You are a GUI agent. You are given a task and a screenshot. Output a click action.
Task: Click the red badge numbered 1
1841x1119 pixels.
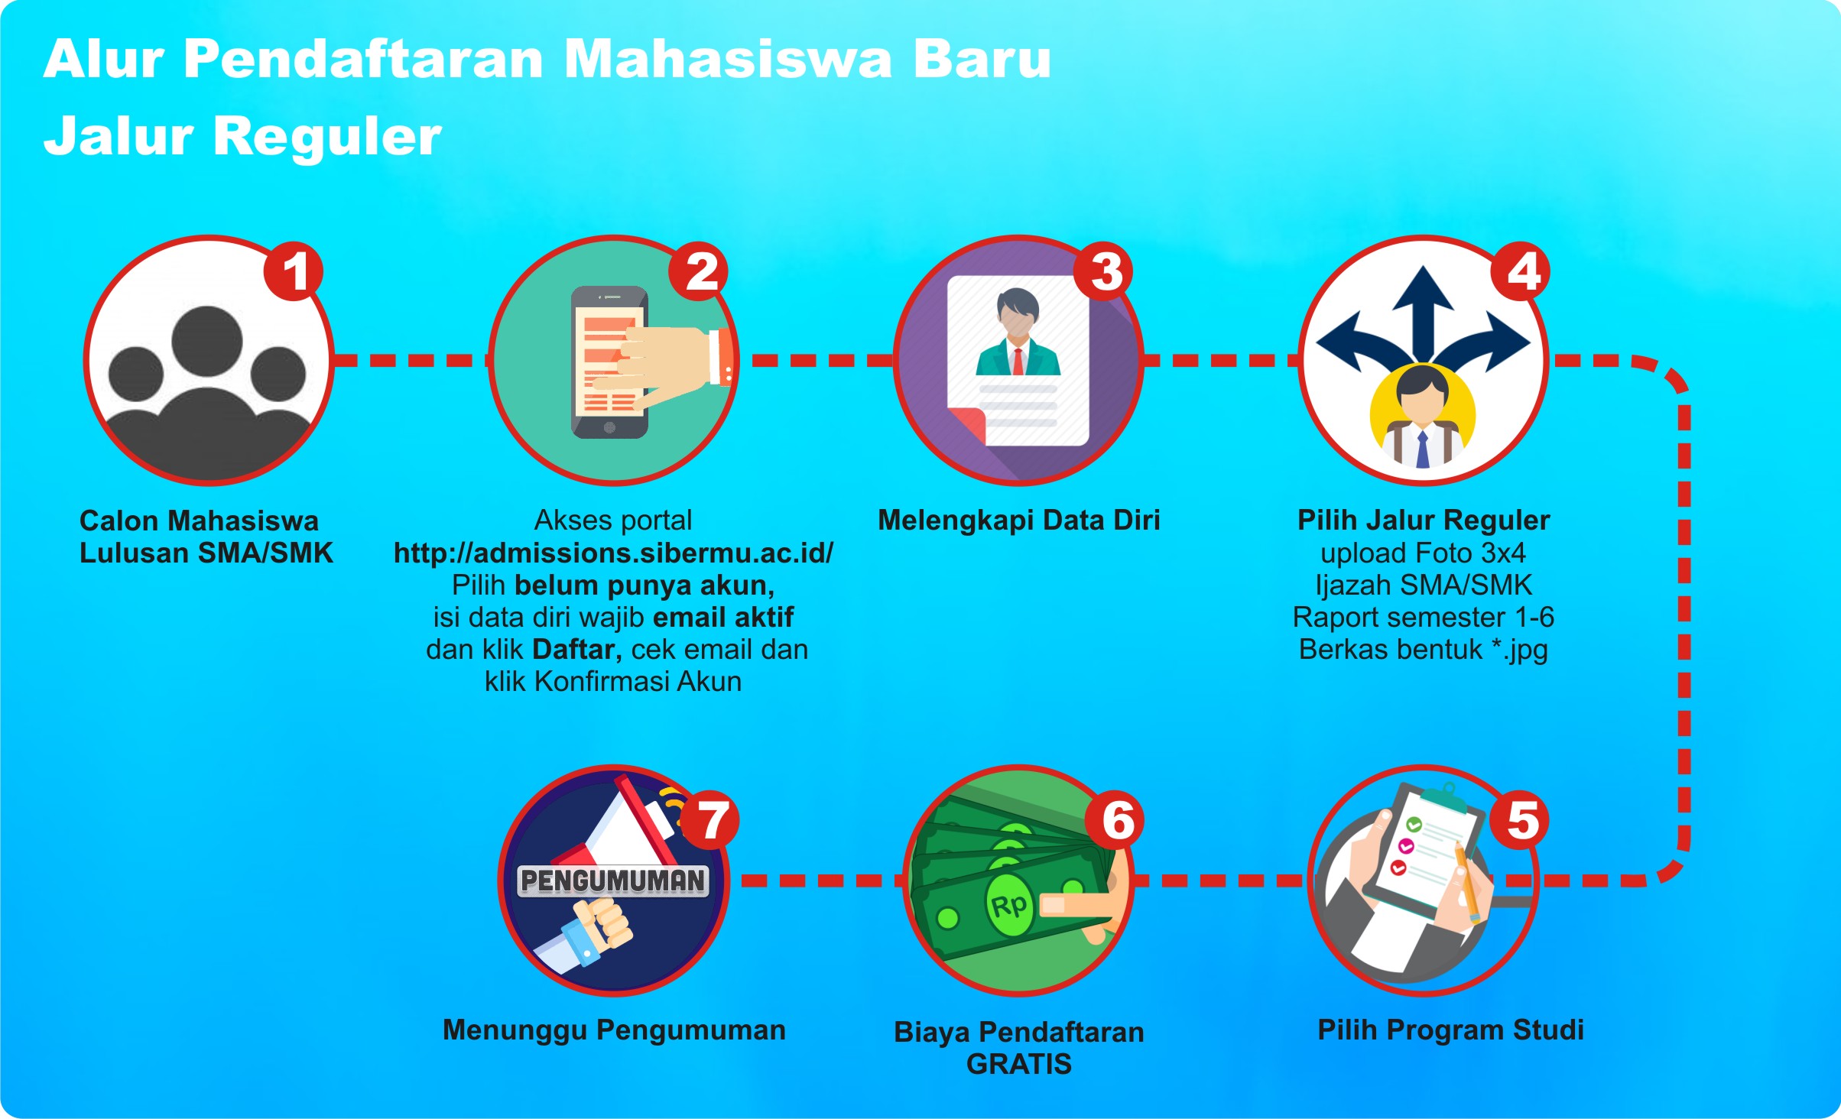294,272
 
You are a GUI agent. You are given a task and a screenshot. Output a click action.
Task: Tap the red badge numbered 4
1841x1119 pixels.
1522,272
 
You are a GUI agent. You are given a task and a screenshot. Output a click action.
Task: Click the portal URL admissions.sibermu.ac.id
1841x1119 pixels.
613,553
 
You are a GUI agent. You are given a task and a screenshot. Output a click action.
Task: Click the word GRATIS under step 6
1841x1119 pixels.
1019,1064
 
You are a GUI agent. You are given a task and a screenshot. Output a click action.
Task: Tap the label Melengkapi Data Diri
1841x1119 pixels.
1019,521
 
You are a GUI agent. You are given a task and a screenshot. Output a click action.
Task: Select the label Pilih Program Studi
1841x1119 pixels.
1450,1030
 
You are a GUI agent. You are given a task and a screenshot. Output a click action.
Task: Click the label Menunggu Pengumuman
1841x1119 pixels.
614,1030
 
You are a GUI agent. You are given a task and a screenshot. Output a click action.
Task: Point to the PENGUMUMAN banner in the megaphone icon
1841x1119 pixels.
613,881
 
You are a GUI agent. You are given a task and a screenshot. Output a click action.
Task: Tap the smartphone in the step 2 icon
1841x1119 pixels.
610,362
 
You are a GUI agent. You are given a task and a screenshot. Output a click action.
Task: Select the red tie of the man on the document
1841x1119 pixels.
1018,361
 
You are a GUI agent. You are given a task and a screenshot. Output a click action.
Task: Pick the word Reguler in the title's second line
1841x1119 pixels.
327,136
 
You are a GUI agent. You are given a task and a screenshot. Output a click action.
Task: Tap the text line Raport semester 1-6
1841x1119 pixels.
1424,618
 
